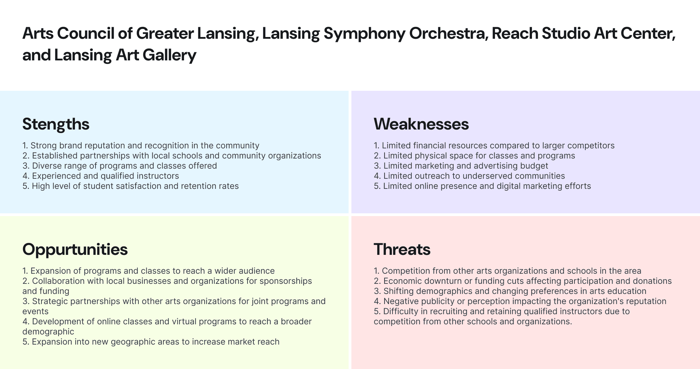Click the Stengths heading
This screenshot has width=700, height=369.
coord(56,124)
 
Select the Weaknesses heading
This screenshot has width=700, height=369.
coord(421,124)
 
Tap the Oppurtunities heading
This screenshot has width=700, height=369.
coord(75,250)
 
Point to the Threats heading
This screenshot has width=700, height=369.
coord(402,250)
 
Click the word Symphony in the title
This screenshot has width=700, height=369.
coord(364,34)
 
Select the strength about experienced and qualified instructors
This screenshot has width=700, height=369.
coord(101,176)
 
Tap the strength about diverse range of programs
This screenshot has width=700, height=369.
coord(120,166)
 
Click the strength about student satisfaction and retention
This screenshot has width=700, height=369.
coord(130,186)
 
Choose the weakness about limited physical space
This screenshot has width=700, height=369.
coord(474,156)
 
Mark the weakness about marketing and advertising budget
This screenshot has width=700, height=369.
coord(461,166)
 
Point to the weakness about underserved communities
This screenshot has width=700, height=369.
coord(469,176)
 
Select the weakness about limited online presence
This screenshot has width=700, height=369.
coord(482,186)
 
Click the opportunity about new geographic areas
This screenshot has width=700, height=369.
coord(151,342)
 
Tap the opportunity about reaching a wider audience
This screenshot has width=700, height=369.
coord(149,271)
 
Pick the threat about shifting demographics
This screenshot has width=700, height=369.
coord(510,291)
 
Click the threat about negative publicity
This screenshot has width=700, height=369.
coord(520,301)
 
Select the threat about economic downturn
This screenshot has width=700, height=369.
coord(523,281)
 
